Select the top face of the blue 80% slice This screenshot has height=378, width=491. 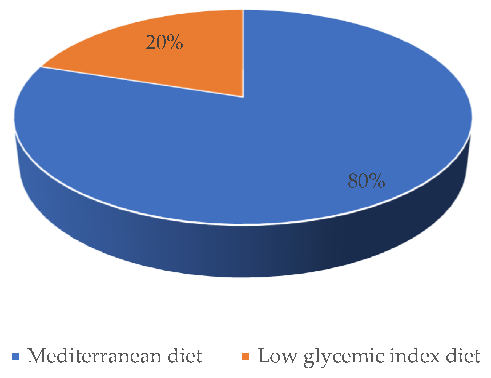(277, 139)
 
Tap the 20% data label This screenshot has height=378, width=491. (164, 42)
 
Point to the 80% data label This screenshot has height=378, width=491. (366, 181)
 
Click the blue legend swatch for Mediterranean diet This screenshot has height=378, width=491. (16, 356)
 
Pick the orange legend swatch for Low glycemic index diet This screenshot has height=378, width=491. (246, 356)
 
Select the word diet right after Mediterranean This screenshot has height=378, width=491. (185, 356)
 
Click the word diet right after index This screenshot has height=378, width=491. (463, 356)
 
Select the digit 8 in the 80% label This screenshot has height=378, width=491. (353, 181)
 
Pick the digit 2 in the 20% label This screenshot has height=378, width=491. (151, 42)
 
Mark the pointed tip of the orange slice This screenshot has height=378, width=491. (243, 96)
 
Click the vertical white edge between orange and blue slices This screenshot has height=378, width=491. (243, 52)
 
